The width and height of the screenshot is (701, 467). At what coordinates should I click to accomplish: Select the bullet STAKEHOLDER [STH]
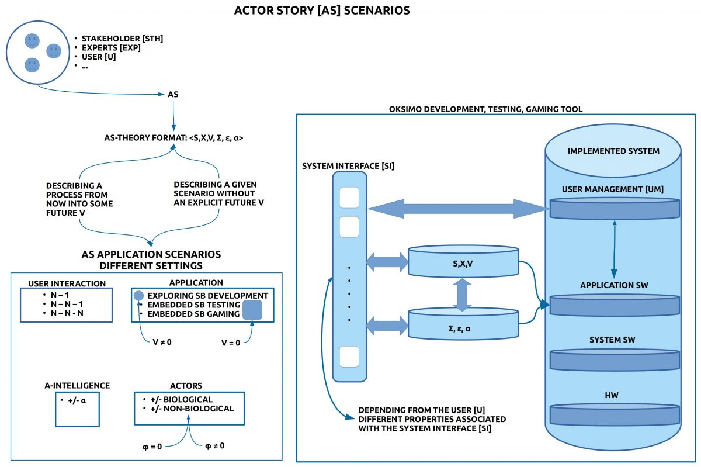point(122,39)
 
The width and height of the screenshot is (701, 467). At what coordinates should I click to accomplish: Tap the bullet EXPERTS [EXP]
point(110,48)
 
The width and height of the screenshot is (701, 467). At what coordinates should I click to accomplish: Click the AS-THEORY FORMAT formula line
point(173,139)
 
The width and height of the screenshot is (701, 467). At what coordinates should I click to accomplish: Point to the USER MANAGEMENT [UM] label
point(613,189)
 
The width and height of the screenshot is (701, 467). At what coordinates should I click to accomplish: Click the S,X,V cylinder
point(463,264)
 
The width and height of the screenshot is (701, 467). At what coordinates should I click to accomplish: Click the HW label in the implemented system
point(613,396)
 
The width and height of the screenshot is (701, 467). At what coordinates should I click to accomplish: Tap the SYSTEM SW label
point(613,340)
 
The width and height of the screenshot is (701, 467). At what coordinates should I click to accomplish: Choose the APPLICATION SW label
point(613,285)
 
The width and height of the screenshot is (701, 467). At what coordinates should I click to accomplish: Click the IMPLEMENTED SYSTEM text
point(613,151)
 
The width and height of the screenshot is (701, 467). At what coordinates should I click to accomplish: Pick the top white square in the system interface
point(349,198)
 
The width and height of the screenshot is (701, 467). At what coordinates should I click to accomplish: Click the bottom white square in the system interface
point(349,355)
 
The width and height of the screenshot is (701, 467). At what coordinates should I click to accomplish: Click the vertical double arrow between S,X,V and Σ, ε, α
point(463,294)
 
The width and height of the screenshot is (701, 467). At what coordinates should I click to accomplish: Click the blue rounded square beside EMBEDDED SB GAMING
point(252,310)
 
